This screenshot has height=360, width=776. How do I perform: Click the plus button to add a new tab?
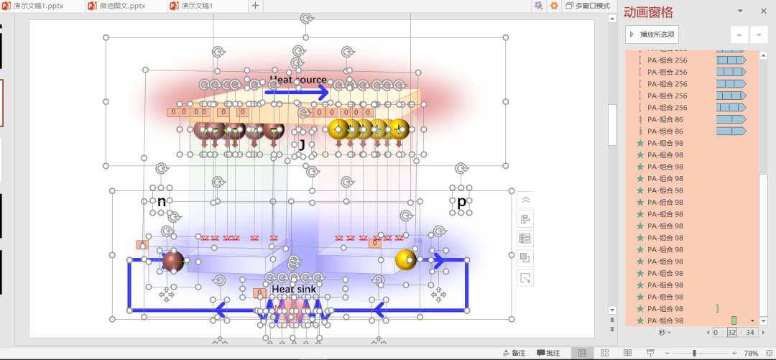point(255,6)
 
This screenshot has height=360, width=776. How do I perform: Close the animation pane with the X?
point(763,11)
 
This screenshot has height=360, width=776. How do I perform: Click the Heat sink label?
point(294,289)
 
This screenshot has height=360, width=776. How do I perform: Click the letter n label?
point(162,202)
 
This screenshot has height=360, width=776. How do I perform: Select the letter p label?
point(461,202)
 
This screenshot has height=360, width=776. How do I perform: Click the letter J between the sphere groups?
point(302,145)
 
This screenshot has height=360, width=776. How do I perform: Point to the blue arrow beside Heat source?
point(296,92)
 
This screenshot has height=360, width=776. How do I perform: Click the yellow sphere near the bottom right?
point(406,259)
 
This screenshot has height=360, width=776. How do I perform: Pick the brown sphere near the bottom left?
point(173,262)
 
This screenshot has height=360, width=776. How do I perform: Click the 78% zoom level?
point(751,353)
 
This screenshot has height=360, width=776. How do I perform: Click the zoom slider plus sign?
point(733,353)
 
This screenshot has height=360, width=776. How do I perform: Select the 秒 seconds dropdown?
point(665,333)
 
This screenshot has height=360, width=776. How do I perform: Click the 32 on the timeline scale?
point(731,333)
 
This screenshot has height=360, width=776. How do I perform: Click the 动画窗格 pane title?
point(649,12)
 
